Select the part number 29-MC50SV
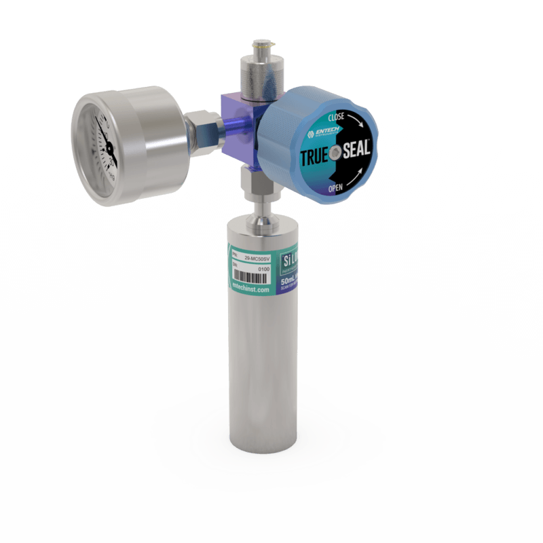(x=257, y=257)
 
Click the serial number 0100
(x=265, y=269)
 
